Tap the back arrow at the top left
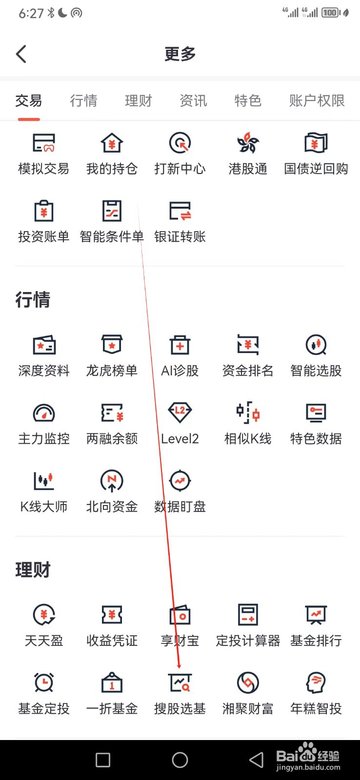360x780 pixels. click(21, 54)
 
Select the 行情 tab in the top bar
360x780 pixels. click(83, 101)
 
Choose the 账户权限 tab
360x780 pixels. click(317, 101)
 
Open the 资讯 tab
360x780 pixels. click(193, 101)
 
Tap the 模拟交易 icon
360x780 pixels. click(43, 143)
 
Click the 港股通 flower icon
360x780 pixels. click(248, 143)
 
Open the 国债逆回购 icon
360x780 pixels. click(316, 143)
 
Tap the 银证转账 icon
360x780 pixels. click(180, 211)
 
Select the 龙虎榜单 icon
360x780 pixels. click(112, 345)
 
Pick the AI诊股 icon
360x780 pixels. click(180, 345)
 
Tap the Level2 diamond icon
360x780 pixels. click(180, 412)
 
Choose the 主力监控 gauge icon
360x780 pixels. click(44, 413)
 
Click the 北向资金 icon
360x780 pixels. click(112, 481)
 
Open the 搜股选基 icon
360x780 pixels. click(180, 682)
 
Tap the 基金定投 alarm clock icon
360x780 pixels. click(44, 682)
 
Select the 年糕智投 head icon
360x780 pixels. click(316, 682)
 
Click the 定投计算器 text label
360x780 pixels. click(248, 641)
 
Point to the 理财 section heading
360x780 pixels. click(33, 569)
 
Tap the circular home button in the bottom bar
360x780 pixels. click(180, 760)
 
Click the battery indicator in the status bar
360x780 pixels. click(331, 13)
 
